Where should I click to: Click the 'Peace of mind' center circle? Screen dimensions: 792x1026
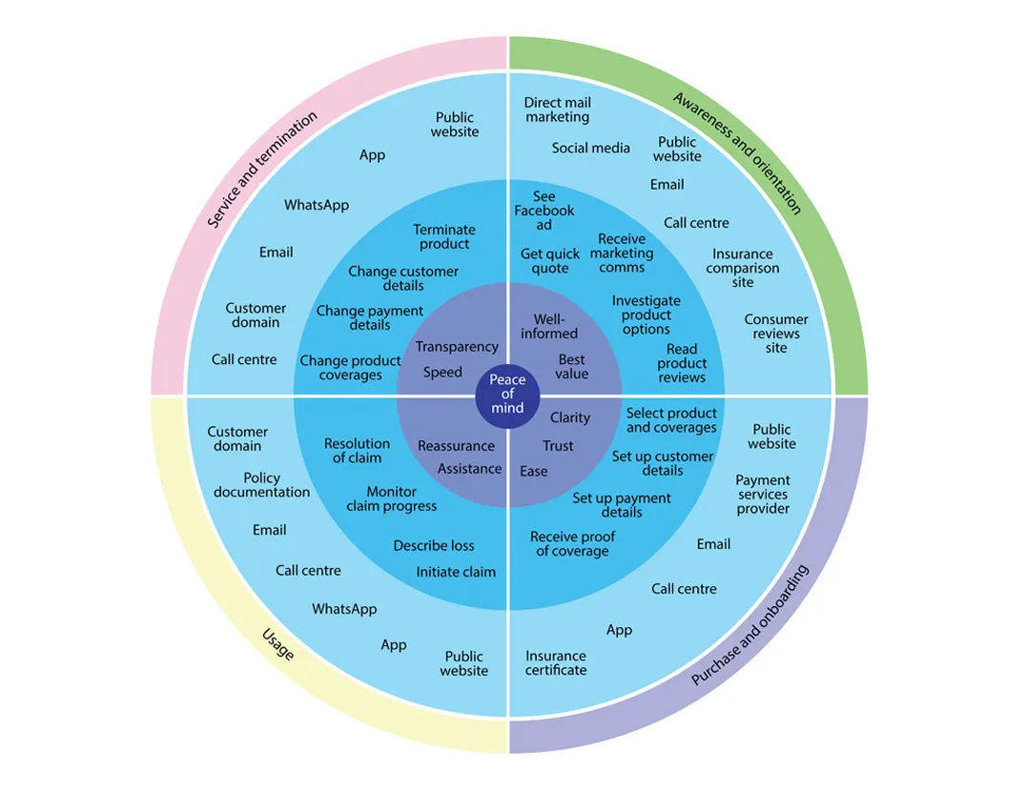coord(507,394)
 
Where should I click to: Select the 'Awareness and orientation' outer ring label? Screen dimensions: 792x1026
coord(737,152)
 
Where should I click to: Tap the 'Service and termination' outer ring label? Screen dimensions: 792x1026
coord(262,170)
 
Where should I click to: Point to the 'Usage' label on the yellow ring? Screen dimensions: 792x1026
coord(277,644)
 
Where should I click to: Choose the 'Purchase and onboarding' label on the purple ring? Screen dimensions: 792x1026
coord(749,625)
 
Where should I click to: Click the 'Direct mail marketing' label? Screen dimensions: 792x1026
coord(558,110)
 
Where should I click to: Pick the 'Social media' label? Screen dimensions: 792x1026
coord(590,148)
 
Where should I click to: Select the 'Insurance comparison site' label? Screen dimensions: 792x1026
coord(743,268)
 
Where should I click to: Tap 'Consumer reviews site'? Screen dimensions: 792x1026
coord(776,334)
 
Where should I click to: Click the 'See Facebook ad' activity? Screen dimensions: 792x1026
coord(544,211)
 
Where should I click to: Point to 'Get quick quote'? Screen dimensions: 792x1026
coord(550,261)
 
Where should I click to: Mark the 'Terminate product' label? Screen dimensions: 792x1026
coord(444,236)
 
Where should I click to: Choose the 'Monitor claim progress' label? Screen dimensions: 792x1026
coord(391,498)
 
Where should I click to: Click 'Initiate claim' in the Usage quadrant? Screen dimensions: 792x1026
coord(456,572)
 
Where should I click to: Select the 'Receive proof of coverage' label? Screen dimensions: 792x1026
coord(572,543)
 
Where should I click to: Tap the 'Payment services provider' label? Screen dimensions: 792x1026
coord(763,495)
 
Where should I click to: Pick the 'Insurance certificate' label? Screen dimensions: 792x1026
coord(556,662)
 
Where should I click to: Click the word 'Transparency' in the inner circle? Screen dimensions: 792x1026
coord(457,347)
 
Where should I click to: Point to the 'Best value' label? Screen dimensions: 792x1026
coord(572,367)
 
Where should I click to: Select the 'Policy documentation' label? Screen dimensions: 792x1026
coord(261,485)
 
